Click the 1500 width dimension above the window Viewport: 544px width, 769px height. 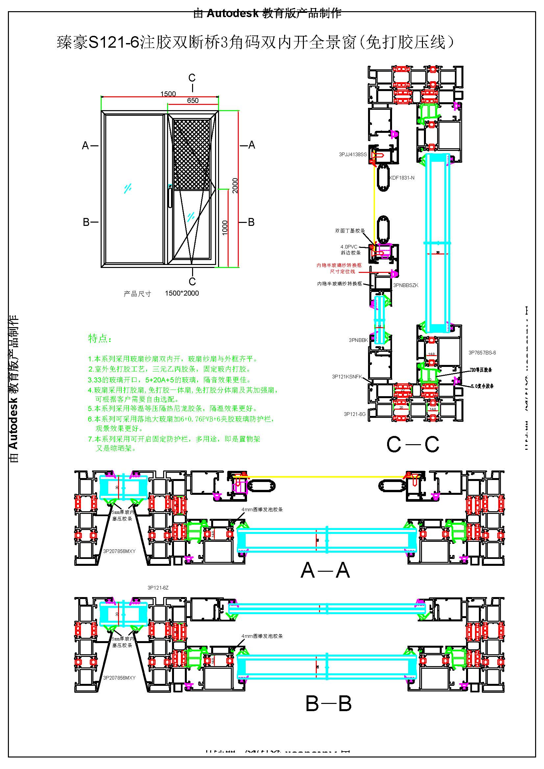pyautogui.click(x=168, y=94)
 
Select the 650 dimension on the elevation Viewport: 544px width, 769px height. pyautogui.click(x=193, y=101)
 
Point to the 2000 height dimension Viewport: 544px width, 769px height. pyautogui.click(x=235, y=185)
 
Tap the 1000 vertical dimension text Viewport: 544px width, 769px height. pyautogui.click(x=225, y=228)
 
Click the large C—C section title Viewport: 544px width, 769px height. pyautogui.click(x=412, y=445)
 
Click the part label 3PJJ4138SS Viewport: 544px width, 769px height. pyautogui.click(x=353, y=155)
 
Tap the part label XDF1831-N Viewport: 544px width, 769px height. pyautogui.click(x=402, y=178)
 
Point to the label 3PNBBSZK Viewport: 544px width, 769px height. pyautogui.click(x=406, y=285)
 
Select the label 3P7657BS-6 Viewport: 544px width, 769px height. pyautogui.click(x=482, y=353)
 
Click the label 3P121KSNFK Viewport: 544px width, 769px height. pyautogui.click(x=347, y=376)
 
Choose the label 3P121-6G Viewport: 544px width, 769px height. pyautogui.click(x=355, y=414)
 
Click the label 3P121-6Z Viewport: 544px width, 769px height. pyautogui.click(x=158, y=588)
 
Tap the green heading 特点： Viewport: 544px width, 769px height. pyautogui.click(x=99, y=338)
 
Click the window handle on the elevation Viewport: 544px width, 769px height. pyautogui.click(x=170, y=198)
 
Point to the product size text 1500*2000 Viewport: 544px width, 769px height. pyautogui.click(x=182, y=293)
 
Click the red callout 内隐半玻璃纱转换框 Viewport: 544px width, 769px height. pyautogui.click(x=339, y=265)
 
